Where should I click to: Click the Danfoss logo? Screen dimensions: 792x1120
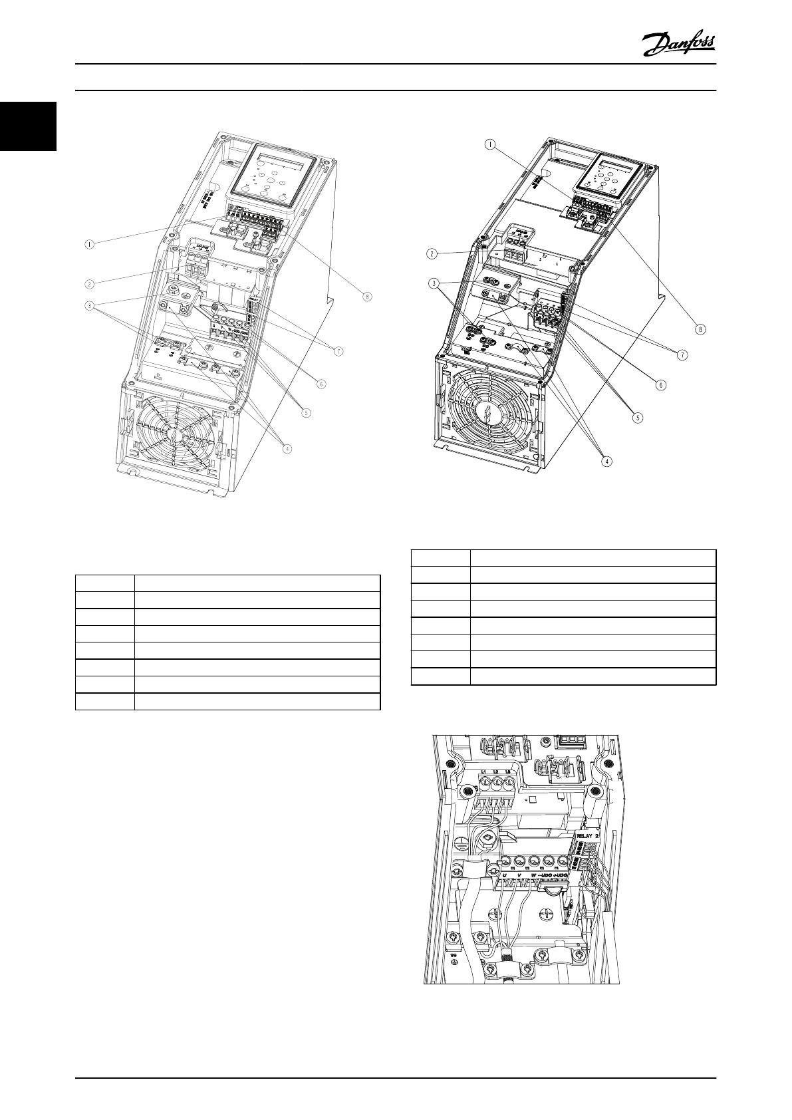[678, 45]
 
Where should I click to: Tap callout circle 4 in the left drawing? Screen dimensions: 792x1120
[287, 448]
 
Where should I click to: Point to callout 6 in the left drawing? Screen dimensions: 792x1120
[321, 383]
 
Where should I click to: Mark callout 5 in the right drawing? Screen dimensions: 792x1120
[638, 418]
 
